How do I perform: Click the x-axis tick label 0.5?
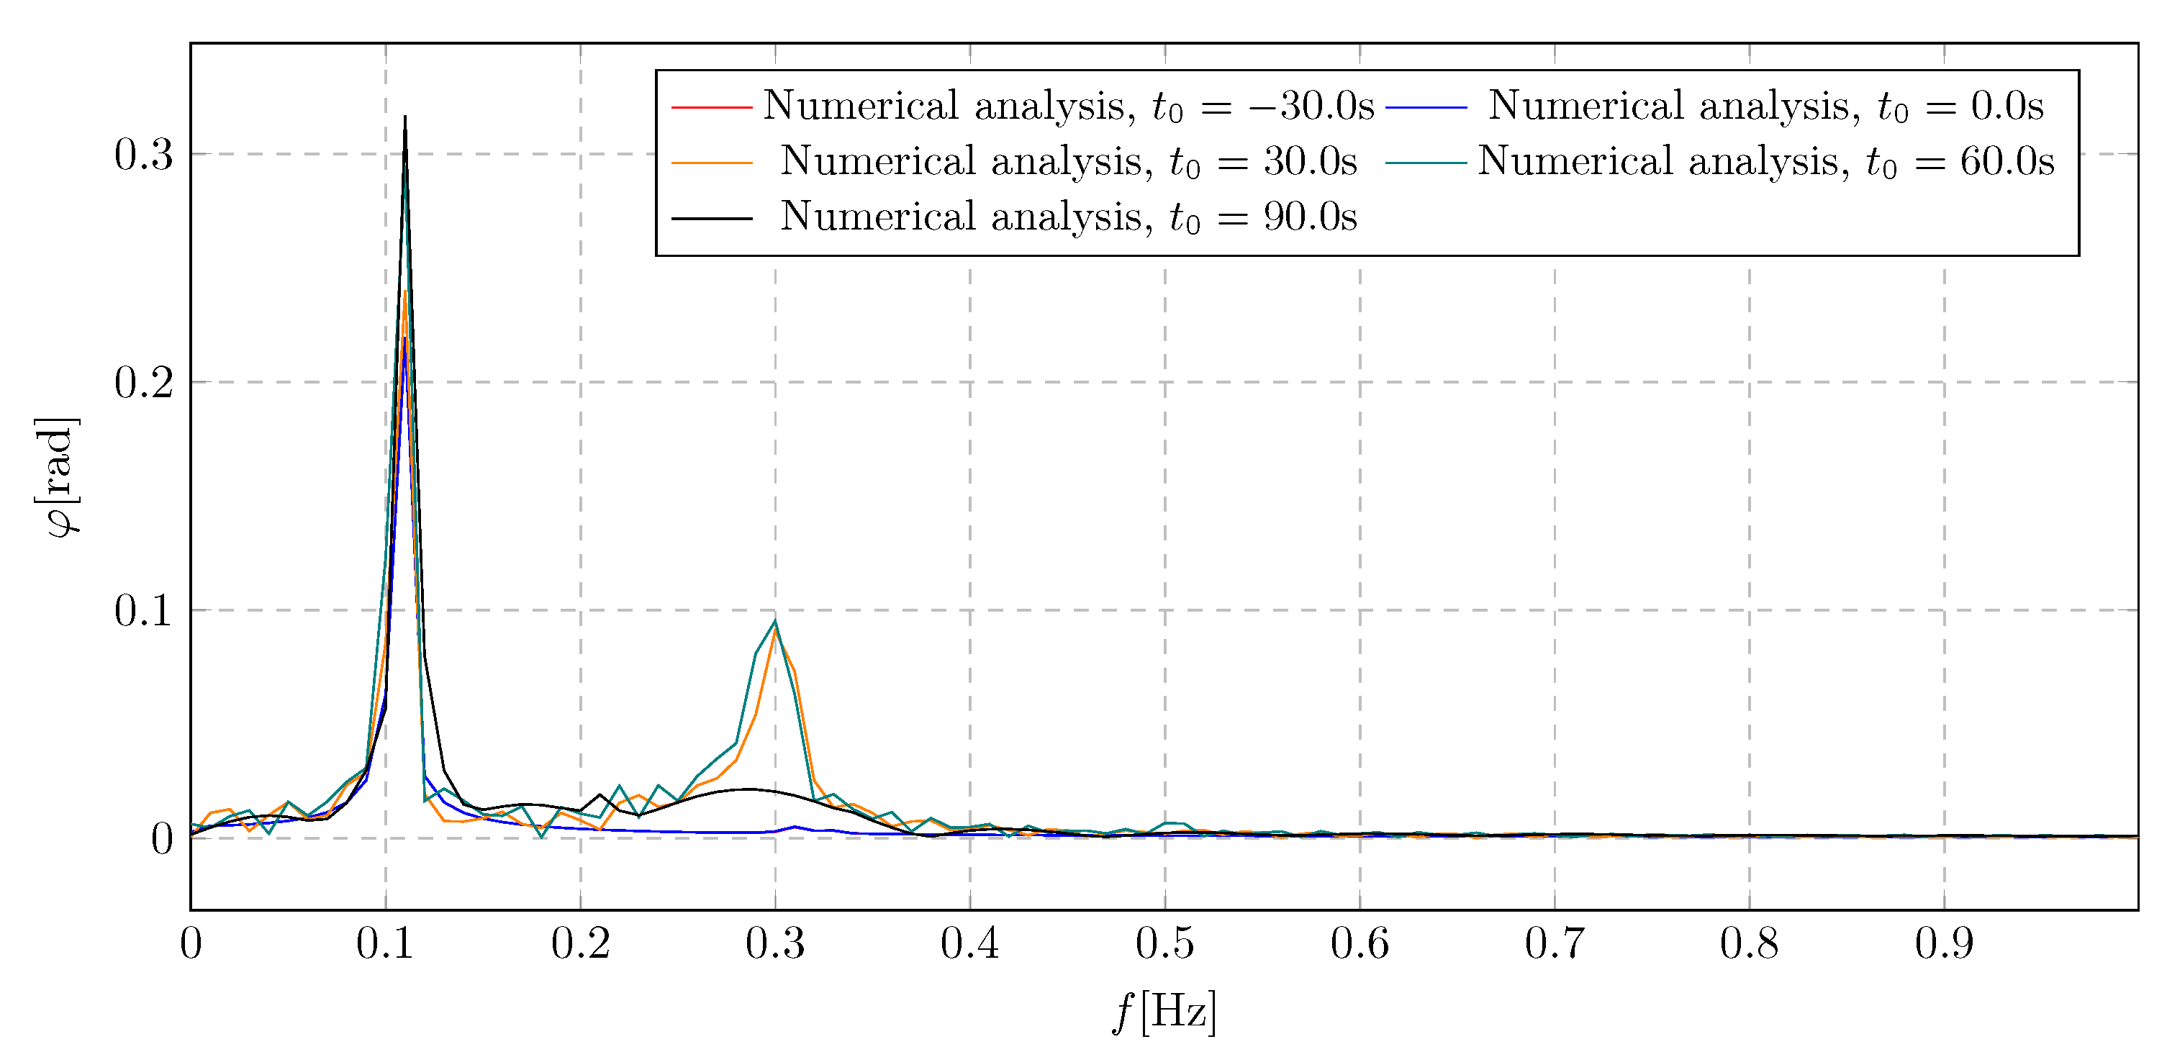1164,943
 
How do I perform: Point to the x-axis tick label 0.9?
1943,943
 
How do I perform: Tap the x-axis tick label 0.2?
581,943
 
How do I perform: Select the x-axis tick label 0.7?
1554,943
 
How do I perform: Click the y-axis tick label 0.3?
143,155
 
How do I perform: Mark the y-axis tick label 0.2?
143,383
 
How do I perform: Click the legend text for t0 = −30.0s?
1068,106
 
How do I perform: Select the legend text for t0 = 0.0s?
1765,106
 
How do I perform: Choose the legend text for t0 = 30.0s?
1068,161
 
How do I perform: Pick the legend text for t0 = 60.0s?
1765,161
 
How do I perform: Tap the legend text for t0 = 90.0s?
1068,217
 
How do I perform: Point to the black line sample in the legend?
712,219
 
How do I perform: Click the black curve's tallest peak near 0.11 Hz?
404,119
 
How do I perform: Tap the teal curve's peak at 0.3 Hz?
775,622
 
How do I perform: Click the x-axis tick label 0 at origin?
191,943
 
